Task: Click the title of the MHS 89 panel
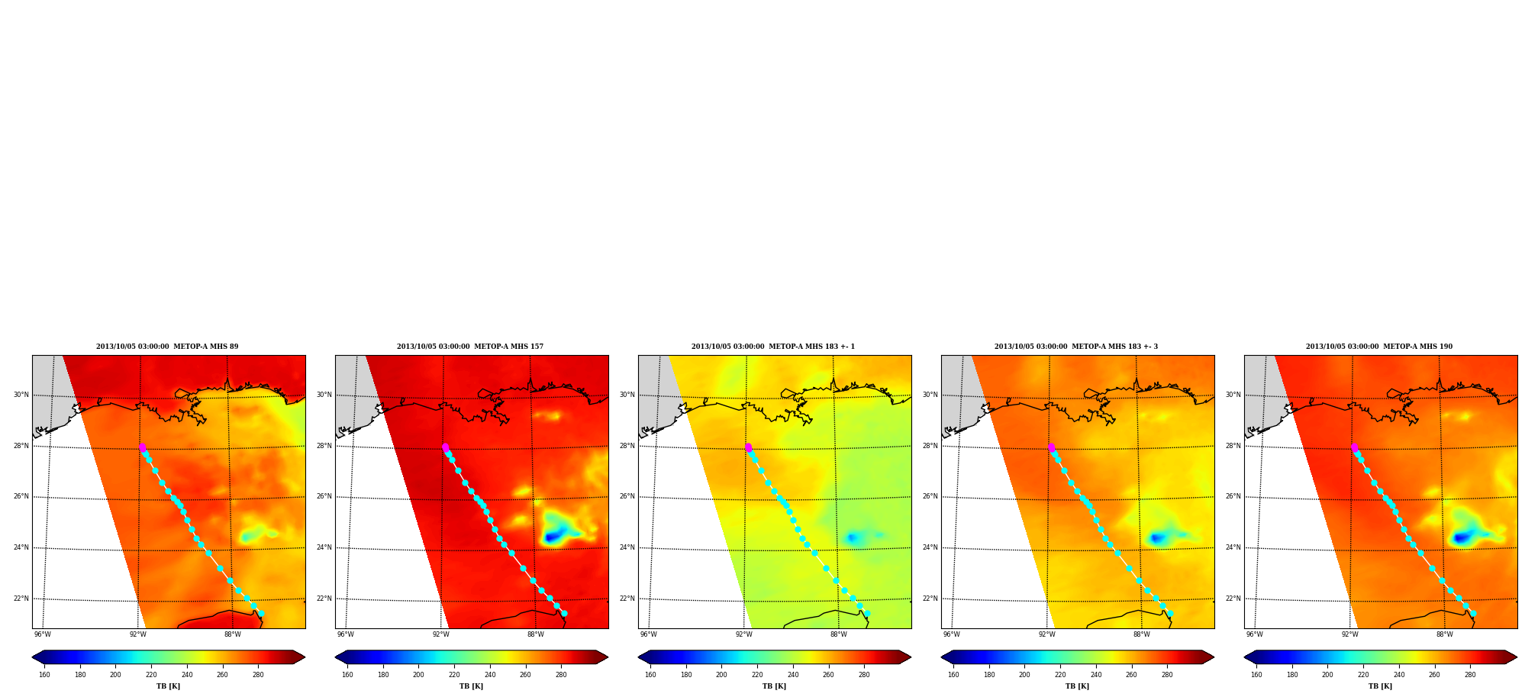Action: [x=167, y=347]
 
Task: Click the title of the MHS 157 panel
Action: [x=470, y=347]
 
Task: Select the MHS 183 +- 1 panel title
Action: [x=773, y=347]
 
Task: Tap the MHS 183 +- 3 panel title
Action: [x=1076, y=347]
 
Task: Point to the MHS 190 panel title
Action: [x=1379, y=347]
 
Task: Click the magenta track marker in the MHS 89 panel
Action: [x=142, y=447]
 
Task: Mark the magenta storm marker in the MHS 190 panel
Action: [x=1354, y=447]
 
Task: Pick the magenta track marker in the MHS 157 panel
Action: [x=445, y=447]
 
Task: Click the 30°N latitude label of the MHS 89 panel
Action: [x=21, y=395]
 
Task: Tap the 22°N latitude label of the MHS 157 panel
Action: [x=324, y=599]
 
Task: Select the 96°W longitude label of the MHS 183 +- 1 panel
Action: [x=649, y=634]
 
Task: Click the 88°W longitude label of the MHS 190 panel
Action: [x=1445, y=634]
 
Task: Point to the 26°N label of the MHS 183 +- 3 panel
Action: [x=930, y=496]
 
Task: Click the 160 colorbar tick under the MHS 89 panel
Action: [x=44, y=674]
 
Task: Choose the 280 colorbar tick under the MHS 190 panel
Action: [x=1470, y=674]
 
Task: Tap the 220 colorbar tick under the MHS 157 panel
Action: [x=454, y=674]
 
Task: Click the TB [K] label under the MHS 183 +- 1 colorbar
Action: [x=774, y=686]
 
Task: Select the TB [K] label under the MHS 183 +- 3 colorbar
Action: [x=1077, y=686]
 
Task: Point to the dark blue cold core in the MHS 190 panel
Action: [x=1462, y=537]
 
